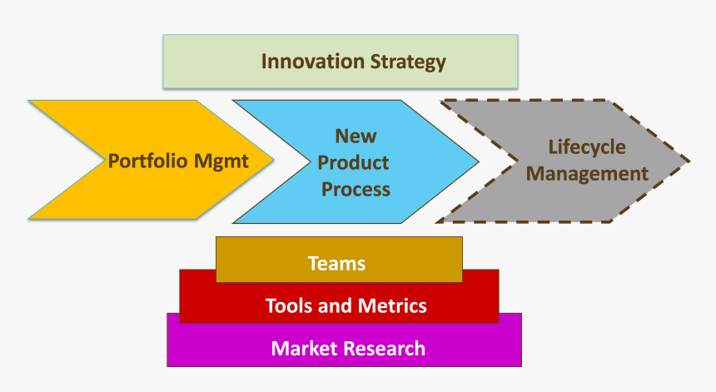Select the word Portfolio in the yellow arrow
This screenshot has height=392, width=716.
point(148,161)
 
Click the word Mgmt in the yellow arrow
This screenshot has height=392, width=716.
point(221,161)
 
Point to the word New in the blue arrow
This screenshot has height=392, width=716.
point(356,136)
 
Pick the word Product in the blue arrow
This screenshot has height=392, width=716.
point(354,162)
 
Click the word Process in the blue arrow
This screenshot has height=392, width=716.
point(356,189)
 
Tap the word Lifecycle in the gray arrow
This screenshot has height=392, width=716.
point(587,146)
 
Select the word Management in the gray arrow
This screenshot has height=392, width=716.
point(588,174)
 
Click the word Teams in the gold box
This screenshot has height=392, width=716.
point(336,264)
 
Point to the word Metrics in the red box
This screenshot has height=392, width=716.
point(391,305)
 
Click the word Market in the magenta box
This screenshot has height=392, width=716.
point(301,348)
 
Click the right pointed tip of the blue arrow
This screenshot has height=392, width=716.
point(479,161)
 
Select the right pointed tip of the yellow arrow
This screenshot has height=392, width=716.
point(275,160)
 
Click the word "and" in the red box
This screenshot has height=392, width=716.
point(336,305)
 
